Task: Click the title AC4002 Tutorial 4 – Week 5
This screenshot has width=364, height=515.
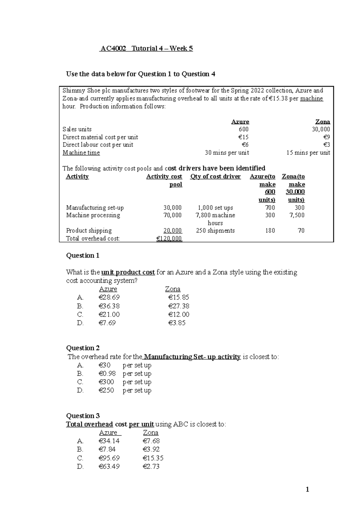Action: point(146,49)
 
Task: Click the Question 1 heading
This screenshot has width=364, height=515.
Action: point(83,255)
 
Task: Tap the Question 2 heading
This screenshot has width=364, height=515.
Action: point(83,348)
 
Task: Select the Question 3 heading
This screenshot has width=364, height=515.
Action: point(83,416)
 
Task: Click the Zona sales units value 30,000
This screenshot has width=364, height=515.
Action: point(321,129)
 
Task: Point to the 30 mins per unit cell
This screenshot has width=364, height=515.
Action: point(227,153)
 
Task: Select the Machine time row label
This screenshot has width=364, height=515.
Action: point(81,153)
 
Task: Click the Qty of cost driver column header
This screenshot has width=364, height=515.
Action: point(215,177)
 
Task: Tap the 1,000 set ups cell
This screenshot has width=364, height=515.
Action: point(215,208)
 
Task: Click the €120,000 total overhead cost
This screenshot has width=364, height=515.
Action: point(169,239)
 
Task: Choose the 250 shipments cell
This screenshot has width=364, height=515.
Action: point(215,231)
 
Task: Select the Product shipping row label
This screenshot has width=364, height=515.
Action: point(89,231)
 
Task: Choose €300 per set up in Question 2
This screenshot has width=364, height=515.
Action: point(106,382)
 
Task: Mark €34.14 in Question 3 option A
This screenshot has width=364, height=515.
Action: point(109,441)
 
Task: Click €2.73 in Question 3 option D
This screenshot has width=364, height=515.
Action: point(151,466)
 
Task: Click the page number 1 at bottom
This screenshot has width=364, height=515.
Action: point(307,489)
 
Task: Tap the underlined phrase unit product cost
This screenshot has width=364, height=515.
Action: point(128,272)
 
